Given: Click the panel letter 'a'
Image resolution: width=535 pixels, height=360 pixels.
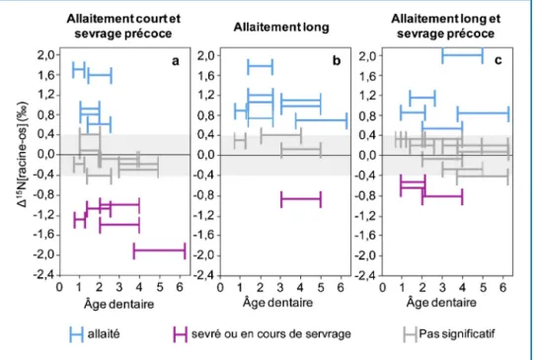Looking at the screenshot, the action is [176, 61].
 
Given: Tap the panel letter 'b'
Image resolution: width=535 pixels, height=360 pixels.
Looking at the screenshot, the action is [337, 60].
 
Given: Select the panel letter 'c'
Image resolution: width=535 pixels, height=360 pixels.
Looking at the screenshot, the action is [498, 60].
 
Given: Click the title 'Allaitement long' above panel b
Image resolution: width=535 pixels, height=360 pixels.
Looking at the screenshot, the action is [281, 27].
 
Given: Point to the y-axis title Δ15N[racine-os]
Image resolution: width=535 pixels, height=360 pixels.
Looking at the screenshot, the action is [22, 155].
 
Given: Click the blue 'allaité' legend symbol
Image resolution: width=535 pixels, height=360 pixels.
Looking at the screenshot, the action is [76, 334].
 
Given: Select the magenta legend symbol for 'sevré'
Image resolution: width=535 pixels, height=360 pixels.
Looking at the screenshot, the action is [180, 334].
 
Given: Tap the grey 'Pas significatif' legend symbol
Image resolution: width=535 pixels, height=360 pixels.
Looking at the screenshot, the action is [410, 334].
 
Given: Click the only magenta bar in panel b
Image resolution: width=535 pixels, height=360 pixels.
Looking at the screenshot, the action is [301, 199].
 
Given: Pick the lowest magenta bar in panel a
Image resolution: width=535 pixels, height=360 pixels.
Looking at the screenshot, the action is [159, 251].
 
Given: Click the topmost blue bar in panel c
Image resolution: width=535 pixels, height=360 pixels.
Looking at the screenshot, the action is [462, 54].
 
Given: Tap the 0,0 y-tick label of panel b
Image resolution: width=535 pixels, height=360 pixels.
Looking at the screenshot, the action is [206, 155].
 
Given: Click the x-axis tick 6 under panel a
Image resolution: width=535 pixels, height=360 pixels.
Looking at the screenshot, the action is [181, 287].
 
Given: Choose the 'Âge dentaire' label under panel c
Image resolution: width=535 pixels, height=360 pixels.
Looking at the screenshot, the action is [441, 302].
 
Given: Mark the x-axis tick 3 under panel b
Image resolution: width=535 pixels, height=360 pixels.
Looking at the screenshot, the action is [280, 287].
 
